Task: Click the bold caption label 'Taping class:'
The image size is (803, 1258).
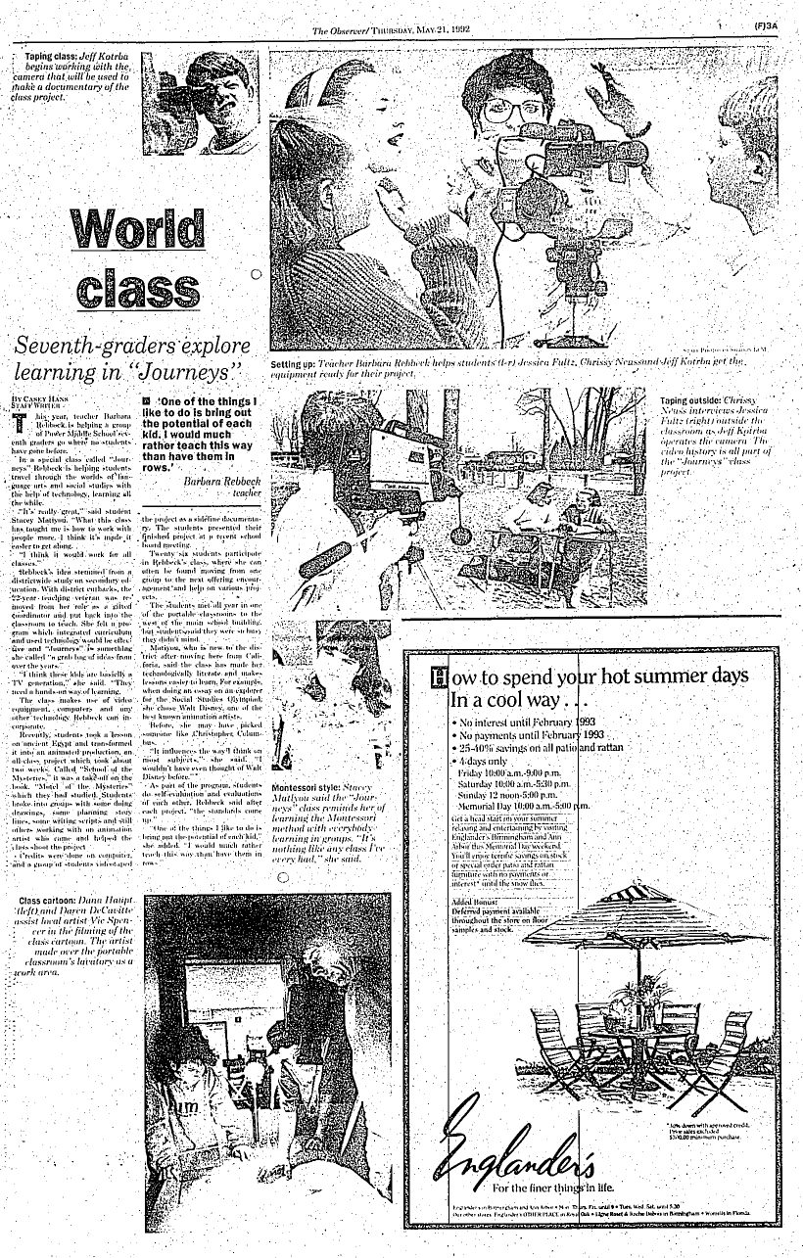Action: pos(53,59)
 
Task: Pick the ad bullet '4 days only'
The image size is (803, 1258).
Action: pos(484,759)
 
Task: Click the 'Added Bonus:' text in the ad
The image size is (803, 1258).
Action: pos(474,874)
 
